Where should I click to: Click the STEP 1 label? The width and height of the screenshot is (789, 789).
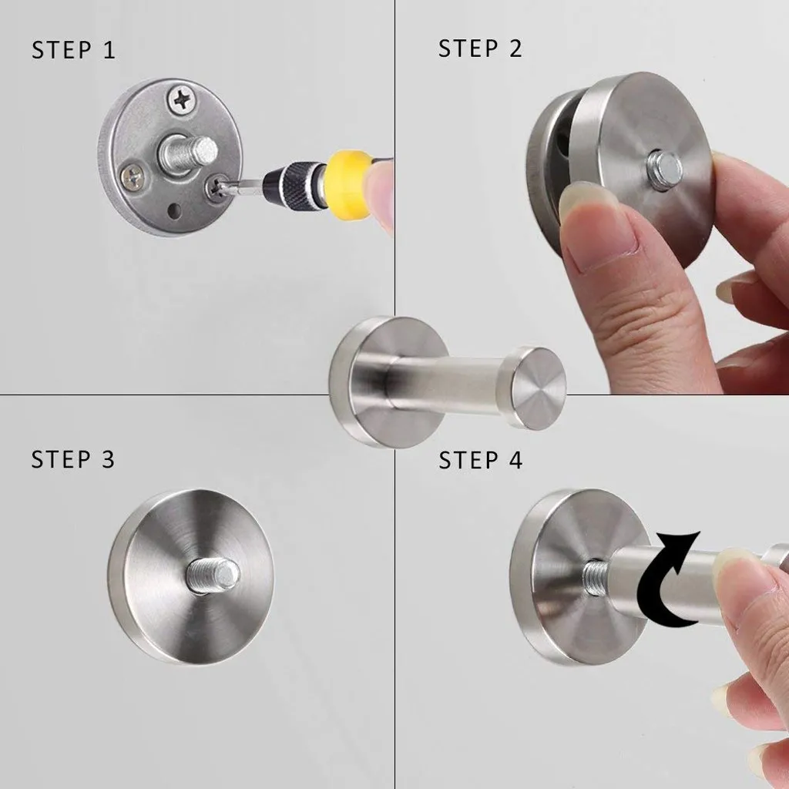pos(73,51)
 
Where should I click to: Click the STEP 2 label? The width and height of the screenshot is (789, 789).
pos(480,49)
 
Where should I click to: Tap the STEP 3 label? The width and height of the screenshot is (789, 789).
pos(73,460)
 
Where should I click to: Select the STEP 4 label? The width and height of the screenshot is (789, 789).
pos(480,461)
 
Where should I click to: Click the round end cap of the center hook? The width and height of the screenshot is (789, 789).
pos(537,388)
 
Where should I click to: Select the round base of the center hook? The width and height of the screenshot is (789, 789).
pos(362,381)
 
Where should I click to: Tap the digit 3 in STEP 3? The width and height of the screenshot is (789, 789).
pos(107,460)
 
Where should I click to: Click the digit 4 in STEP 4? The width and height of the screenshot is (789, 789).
pos(514,461)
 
